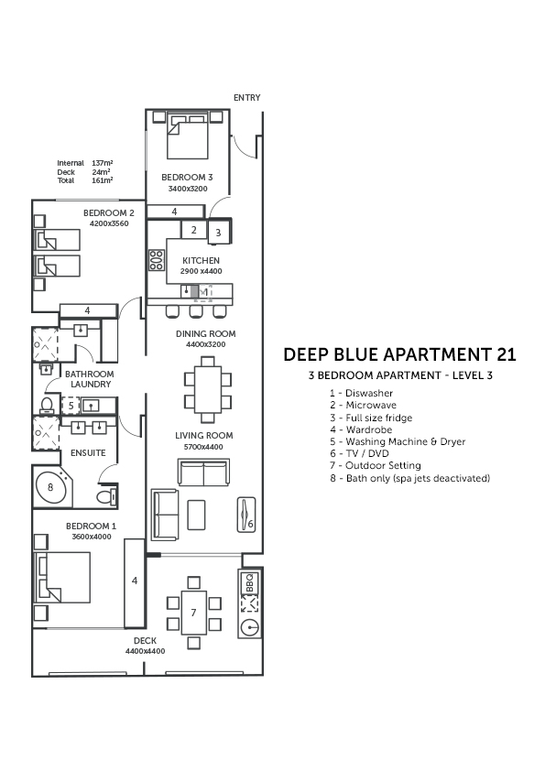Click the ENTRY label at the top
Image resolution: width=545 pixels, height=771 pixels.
click(x=247, y=98)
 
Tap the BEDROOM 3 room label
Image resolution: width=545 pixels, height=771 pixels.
click(x=187, y=177)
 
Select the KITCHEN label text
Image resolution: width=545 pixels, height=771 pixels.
click(x=202, y=261)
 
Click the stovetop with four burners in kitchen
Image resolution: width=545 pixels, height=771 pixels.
click(x=157, y=260)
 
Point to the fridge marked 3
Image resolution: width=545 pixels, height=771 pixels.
click(x=218, y=232)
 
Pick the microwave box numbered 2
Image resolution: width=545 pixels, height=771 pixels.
click(x=194, y=229)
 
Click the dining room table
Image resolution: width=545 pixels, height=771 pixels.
click(x=208, y=389)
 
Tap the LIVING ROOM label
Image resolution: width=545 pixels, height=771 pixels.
click(x=204, y=436)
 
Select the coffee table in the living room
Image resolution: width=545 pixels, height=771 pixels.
click(x=197, y=515)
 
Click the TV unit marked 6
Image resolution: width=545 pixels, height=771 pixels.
click(x=246, y=515)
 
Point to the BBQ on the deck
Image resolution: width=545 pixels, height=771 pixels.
click(x=249, y=583)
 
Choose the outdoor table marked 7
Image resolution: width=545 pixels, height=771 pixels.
click(x=194, y=613)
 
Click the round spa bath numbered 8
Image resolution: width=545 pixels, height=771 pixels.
click(x=49, y=487)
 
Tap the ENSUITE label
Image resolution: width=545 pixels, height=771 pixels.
click(x=88, y=453)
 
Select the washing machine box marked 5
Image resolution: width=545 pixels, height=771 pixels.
click(x=71, y=406)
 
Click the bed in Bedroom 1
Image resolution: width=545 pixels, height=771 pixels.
click(x=62, y=577)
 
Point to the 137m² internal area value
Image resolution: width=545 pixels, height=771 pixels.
click(x=103, y=163)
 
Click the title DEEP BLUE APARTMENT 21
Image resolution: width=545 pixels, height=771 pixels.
click(x=400, y=354)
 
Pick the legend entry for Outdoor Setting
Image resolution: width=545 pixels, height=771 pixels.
click(x=376, y=466)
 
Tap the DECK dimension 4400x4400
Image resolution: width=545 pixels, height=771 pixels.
click(x=145, y=651)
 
